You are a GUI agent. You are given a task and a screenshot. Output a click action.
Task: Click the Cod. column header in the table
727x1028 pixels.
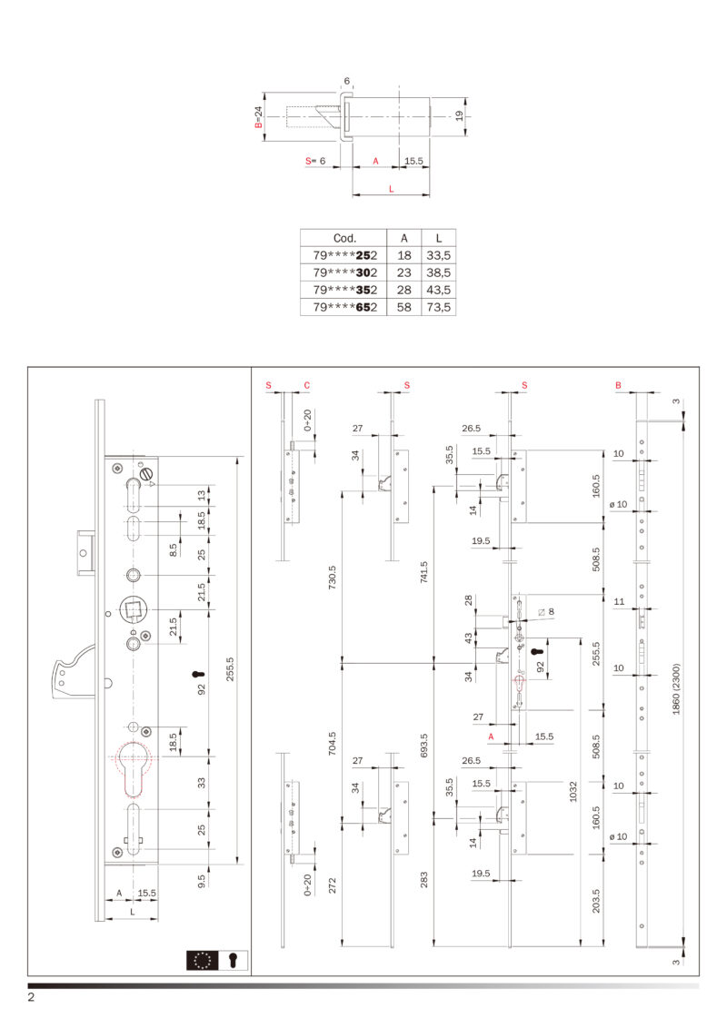pyautogui.click(x=344, y=238)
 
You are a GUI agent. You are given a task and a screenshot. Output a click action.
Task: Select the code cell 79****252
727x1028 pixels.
pyautogui.click(x=344, y=255)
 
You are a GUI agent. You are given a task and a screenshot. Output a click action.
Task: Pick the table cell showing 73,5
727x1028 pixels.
pyautogui.click(x=438, y=307)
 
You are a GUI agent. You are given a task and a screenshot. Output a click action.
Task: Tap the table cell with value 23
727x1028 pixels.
pyautogui.click(x=404, y=272)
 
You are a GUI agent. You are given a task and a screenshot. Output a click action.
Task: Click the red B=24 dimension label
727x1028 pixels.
pyautogui.click(x=258, y=117)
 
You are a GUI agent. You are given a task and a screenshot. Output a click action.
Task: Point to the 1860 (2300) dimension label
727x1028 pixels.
pyautogui.click(x=676, y=688)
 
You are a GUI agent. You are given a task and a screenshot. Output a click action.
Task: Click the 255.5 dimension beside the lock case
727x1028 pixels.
pyautogui.click(x=230, y=668)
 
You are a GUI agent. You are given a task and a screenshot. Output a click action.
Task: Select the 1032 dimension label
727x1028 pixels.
pyautogui.click(x=573, y=791)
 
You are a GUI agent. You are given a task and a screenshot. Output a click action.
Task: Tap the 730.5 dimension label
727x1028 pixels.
pyautogui.click(x=332, y=577)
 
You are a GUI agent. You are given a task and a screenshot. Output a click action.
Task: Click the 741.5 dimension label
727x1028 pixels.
pyautogui.click(x=423, y=572)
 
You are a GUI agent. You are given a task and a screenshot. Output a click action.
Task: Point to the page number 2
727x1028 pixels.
pyautogui.click(x=31, y=997)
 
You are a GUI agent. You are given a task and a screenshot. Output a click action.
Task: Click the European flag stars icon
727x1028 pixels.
pyautogui.click(x=202, y=960)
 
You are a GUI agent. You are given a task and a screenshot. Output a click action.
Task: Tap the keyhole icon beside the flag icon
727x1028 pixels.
pyautogui.click(x=233, y=960)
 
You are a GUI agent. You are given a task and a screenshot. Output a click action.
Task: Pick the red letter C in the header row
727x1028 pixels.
pyautogui.click(x=306, y=385)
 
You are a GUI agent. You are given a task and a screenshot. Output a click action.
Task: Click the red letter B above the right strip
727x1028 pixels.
pyautogui.click(x=618, y=385)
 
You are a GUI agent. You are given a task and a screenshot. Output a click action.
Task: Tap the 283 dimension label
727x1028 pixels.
pyautogui.click(x=423, y=880)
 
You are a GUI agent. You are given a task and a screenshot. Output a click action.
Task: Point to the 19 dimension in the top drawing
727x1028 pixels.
pyautogui.click(x=459, y=115)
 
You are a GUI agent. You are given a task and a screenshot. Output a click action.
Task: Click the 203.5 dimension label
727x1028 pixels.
pyautogui.click(x=596, y=901)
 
